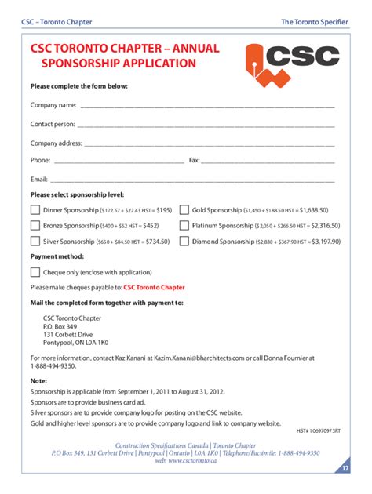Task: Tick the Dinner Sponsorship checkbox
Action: [x=35, y=210]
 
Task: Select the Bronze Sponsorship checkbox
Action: [x=35, y=226]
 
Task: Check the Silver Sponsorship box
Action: [x=35, y=242]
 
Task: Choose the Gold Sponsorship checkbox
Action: [x=184, y=210]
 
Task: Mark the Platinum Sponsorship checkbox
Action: [x=184, y=226]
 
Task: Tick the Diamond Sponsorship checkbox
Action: [x=184, y=242]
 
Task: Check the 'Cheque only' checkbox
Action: [x=35, y=272]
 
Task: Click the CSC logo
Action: [x=292, y=61]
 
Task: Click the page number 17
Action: [x=345, y=468]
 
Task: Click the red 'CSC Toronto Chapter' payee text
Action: [x=154, y=288]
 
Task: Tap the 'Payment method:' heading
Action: [x=57, y=256]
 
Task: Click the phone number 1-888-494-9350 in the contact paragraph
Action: [x=53, y=365]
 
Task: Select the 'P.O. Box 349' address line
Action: [x=60, y=326]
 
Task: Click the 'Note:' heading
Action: [x=38, y=380]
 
